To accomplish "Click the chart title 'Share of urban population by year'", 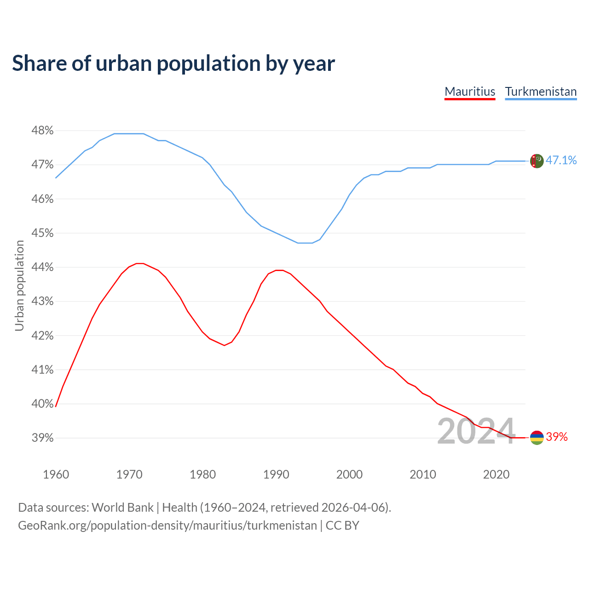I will pyautogui.click(x=173, y=64).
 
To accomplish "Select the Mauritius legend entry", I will pyautogui.click(x=470, y=92).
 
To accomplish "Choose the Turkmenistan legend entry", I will pyautogui.click(x=541, y=92).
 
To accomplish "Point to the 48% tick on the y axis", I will pyautogui.click(x=42, y=131).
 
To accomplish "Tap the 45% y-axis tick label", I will pyautogui.click(x=42, y=233).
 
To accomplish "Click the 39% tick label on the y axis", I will pyautogui.click(x=42, y=438).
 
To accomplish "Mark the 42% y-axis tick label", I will pyautogui.click(x=42, y=336).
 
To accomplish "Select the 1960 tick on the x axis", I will pyautogui.click(x=56, y=474).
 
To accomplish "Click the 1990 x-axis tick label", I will pyautogui.click(x=276, y=474).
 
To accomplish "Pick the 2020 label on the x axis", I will pyautogui.click(x=496, y=474).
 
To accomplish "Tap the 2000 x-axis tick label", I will pyautogui.click(x=349, y=474).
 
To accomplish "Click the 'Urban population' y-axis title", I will pyautogui.click(x=19, y=285).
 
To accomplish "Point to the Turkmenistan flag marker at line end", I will pyautogui.click(x=537, y=161).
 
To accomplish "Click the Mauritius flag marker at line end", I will pyautogui.click(x=537, y=438).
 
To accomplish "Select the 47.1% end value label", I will pyautogui.click(x=561, y=160).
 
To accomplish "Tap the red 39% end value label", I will pyautogui.click(x=557, y=437).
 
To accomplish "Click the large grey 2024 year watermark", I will pyautogui.click(x=476, y=432).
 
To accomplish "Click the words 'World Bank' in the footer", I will pyautogui.click(x=122, y=508).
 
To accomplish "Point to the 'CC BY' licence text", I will pyautogui.click(x=342, y=525).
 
